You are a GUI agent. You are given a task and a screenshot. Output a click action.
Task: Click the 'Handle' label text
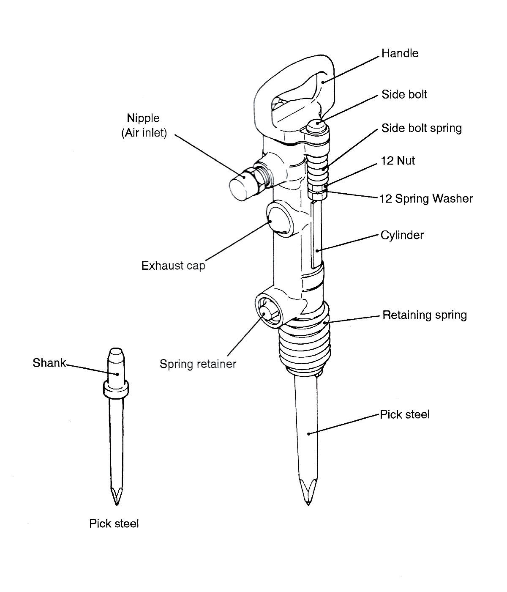coord(400,53)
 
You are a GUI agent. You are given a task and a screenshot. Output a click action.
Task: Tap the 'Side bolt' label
coord(404,94)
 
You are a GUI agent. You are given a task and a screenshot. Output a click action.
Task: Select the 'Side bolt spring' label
coord(421,128)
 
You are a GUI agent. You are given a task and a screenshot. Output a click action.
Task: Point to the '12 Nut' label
coord(398,161)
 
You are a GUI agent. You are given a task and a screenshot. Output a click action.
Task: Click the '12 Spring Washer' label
coord(426,198)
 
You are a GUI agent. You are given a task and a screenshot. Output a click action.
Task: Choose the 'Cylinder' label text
coord(402,235)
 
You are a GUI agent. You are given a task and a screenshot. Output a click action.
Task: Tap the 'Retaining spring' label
coord(424,315)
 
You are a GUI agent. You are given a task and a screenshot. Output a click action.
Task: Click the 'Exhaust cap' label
coord(173,266)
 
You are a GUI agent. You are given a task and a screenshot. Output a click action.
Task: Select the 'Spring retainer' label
coord(198,364)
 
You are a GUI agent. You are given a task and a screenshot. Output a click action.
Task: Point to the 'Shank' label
coord(49,363)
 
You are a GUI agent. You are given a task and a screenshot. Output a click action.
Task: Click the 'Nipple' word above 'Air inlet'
coord(143,118)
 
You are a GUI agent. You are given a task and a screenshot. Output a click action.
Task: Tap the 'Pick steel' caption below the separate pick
coord(114,523)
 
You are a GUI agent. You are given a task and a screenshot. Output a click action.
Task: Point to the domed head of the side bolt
coord(316,126)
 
